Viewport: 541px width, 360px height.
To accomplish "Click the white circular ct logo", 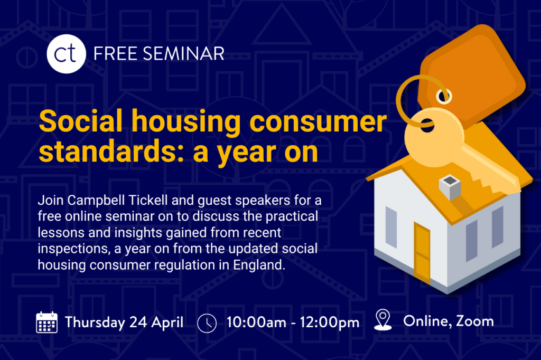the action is [x=66, y=54].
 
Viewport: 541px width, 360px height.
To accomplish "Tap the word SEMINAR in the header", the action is [x=183, y=54].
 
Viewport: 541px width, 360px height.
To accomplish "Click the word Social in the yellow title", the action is [x=81, y=121].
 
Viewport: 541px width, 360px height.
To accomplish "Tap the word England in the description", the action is [x=259, y=265].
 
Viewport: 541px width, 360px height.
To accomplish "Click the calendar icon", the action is [x=47, y=323].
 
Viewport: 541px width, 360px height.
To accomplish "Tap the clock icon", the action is [x=207, y=323].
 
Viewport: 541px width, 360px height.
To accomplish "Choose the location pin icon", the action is [x=383, y=320].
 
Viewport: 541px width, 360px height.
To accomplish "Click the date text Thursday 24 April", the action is [x=124, y=323].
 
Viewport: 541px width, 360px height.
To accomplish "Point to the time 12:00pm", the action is [x=330, y=323].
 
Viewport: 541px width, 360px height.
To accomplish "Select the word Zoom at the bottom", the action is [x=475, y=321].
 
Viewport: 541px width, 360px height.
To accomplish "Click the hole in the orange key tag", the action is [x=444, y=96].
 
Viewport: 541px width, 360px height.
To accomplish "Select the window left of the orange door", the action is [x=391, y=227].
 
